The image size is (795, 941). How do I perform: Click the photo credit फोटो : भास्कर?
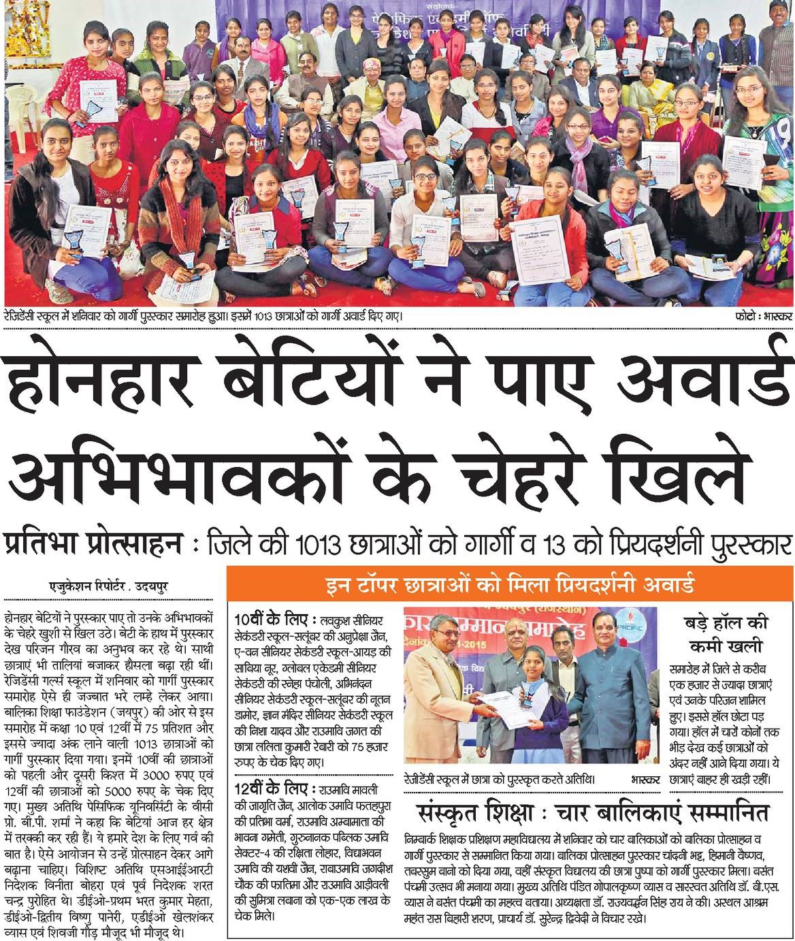click(762, 317)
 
